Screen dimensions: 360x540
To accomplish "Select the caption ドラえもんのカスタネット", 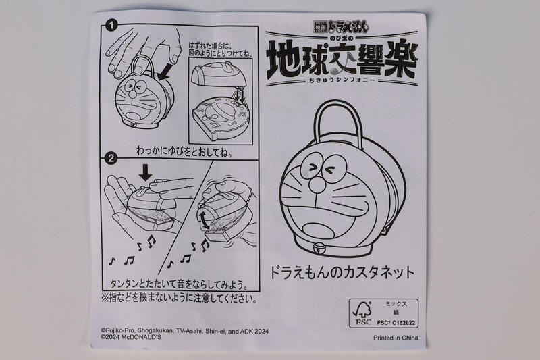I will [x=341, y=274].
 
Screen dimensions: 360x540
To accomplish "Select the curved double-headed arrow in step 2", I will [x=205, y=220].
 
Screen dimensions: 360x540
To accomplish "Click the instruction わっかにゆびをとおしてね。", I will [x=184, y=153].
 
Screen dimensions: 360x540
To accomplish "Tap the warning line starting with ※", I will [x=179, y=297].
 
